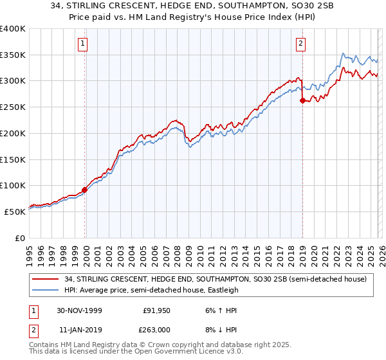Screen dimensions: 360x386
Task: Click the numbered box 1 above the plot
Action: coord(84,44)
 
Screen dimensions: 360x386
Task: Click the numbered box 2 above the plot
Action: coord(300,44)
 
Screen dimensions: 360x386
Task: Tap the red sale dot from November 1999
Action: coord(84,190)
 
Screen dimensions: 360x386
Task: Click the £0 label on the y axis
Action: coord(19,238)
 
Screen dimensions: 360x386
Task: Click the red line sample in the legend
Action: coord(46,279)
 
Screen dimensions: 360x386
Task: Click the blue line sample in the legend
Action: coord(46,290)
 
